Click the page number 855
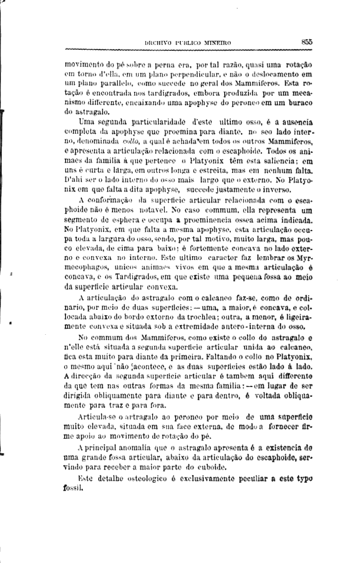[x=307, y=42]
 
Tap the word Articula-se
[x=94, y=417]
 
